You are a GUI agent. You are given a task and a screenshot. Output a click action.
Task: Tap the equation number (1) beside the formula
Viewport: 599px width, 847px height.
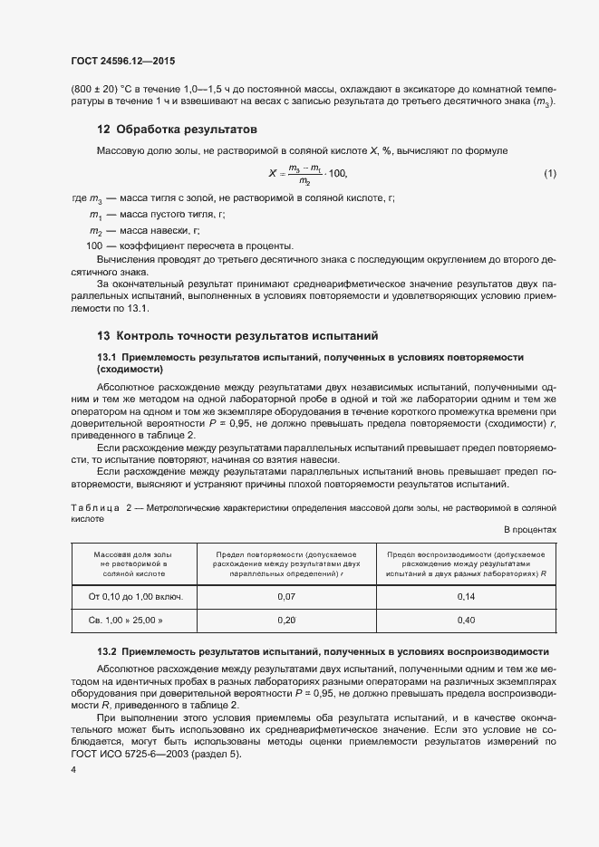(x=549, y=173)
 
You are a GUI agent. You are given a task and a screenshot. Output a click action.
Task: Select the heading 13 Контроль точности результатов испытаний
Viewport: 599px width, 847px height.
(x=231, y=335)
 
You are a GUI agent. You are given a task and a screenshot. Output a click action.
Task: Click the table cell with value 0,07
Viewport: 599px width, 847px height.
(x=285, y=596)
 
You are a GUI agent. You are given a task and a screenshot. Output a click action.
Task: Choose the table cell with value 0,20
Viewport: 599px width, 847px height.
(x=285, y=620)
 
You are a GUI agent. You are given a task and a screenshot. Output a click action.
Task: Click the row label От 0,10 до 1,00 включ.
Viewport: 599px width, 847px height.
(x=136, y=596)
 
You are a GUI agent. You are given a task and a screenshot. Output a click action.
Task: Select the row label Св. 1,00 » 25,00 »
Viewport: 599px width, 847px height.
(x=136, y=620)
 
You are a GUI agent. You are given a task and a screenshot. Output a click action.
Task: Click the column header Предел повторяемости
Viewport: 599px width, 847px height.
(x=285, y=563)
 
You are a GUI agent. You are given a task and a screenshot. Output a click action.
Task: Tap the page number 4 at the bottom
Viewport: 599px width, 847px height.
(x=73, y=769)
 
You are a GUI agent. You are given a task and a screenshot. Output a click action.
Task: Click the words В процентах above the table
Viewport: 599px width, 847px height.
(x=529, y=530)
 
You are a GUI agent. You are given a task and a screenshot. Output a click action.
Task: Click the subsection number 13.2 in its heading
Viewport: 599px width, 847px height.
(x=107, y=651)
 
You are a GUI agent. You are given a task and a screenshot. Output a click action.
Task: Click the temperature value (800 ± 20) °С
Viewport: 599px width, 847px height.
(x=101, y=89)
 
